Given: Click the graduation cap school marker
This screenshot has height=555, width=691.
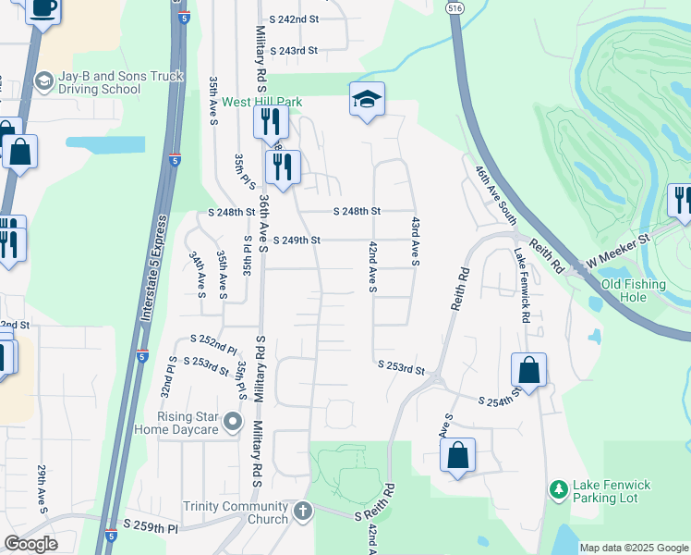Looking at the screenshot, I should [x=367, y=99].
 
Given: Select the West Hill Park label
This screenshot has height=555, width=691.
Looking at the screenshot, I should [x=235, y=102].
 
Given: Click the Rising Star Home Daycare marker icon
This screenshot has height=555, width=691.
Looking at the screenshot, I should [x=233, y=423].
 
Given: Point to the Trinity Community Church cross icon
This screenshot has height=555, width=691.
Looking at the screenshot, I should [x=303, y=512].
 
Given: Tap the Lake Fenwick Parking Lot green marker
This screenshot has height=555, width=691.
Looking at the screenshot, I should [x=558, y=488].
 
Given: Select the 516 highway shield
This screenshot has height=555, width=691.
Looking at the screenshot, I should [x=453, y=6].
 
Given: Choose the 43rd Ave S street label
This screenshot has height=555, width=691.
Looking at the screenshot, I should [x=416, y=241].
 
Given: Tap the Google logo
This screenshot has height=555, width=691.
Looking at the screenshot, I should [x=31, y=544].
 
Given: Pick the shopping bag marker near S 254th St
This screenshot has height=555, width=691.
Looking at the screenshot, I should [x=528, y=370].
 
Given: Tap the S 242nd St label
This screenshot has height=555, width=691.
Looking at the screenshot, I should [x=294, y=18].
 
